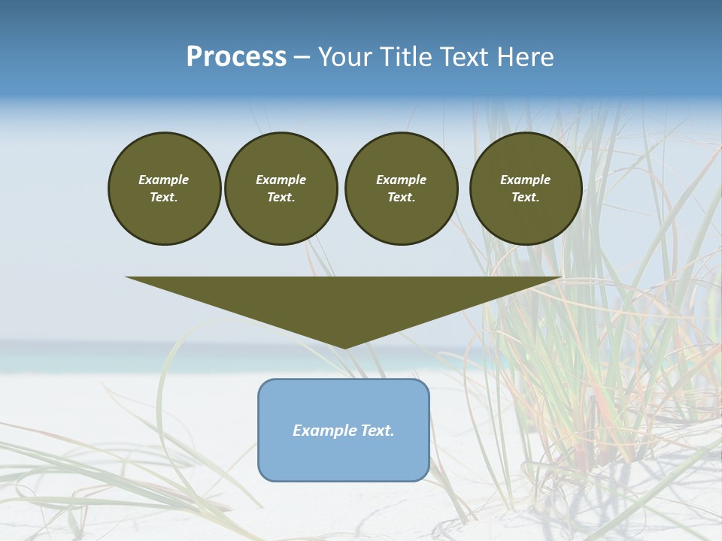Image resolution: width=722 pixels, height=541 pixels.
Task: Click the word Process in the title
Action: pos(236,57)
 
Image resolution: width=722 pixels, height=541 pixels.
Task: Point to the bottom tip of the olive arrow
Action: pos(344,347)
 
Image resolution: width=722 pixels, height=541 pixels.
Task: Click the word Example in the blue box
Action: pos(319,431)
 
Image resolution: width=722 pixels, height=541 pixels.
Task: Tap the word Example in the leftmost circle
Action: pos(164,180)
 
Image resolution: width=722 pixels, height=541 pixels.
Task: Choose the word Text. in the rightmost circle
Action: pos(526,197)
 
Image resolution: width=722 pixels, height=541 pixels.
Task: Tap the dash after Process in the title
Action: pos(302,57)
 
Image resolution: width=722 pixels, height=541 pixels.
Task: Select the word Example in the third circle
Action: pos(402,180)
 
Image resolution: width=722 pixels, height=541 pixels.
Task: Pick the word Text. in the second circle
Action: pos(281,197)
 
